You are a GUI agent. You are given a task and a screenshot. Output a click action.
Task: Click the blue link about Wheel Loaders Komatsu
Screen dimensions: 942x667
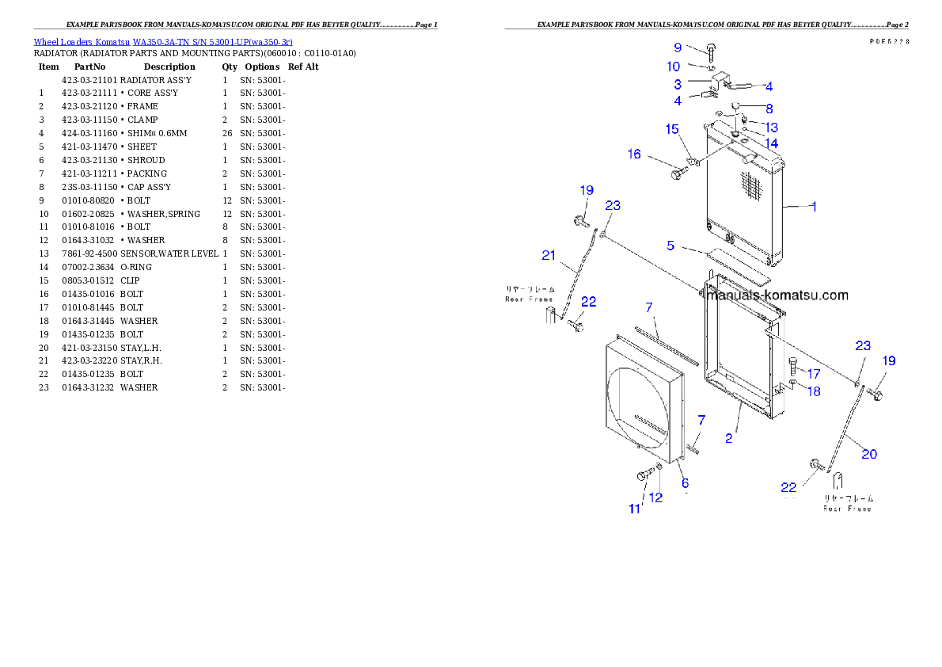coord(163,42)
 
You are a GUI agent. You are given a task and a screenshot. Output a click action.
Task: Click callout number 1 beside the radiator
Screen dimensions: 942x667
coord(814,207)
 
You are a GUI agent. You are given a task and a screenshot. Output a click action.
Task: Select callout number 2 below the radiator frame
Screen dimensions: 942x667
coord(729,437)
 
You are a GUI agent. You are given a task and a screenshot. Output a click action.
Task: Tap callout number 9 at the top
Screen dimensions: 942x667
coord(678,48)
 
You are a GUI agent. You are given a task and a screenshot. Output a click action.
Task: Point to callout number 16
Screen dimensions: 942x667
coord(634,154)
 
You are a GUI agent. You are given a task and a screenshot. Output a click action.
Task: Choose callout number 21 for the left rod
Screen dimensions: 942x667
coord(549,255)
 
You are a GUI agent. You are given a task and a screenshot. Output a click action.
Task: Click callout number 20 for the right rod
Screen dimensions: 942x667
coord(869,454)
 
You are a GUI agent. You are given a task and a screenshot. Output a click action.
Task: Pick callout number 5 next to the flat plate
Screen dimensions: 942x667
coord(670,246)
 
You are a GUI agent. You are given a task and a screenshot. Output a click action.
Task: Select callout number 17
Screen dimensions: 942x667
coord(814,373)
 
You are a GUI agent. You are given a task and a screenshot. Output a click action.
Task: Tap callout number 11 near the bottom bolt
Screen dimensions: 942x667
coord(634,509)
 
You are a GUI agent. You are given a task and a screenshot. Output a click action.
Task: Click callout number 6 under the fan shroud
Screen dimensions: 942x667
coord(685,482)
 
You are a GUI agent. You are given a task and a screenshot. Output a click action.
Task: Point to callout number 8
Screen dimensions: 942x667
coord(769,109)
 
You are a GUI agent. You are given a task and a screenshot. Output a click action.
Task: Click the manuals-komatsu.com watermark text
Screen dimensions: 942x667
coord(777,295)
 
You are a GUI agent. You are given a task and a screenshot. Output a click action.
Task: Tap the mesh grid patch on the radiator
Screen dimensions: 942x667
coord(751,186)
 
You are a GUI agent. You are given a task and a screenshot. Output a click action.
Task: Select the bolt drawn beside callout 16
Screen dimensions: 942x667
coord(679,170)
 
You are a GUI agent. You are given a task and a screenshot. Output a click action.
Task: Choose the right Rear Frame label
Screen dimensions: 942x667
coord(848,503)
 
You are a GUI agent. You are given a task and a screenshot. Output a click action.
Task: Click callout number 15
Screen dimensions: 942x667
coord(671,129)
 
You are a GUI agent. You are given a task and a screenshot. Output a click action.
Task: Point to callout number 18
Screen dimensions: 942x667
coord(814,391)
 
